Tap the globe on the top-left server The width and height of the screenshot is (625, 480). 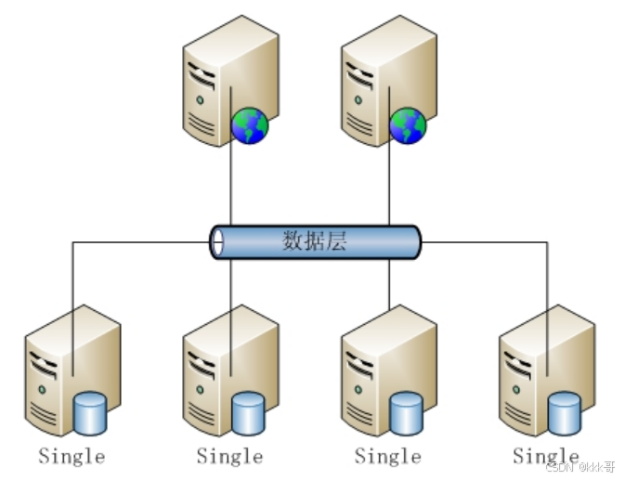tap(250, 125)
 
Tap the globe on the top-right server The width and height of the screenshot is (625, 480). tap(408, 125)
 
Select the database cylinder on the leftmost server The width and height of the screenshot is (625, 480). tap(90, 413)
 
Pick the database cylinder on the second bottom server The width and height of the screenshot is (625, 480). tap(248, 413)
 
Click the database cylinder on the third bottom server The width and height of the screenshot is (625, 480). tap(406, 413)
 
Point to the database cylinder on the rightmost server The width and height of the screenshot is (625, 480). tap(564, 413)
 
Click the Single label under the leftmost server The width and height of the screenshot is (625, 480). tap(72, 456)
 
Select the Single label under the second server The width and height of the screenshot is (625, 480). tap(229, 456)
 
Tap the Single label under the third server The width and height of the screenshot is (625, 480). tap(387, 456)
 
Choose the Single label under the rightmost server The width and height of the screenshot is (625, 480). tap(545, 456)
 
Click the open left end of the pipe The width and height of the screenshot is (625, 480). tap(217, 242)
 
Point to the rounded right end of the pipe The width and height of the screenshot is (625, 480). tap(414, 242)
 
